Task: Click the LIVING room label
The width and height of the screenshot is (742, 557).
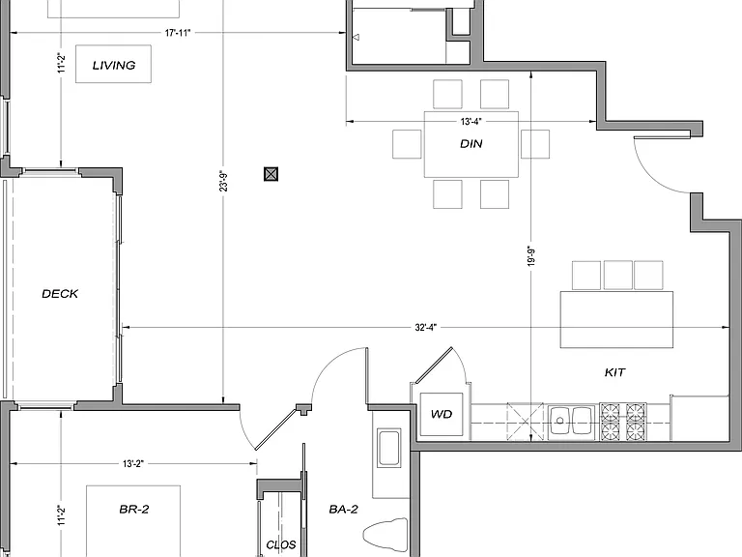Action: [x=114, y=66]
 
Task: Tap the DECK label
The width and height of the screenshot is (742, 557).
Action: [x=60, y=294]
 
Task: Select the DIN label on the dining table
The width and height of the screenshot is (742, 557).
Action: [x=471, y=143]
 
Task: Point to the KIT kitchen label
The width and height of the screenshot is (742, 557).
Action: [x=614, y=372]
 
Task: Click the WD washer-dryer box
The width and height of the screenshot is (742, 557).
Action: [x=442, y=414]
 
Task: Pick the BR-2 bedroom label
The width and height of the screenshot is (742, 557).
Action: [x=134, y=510]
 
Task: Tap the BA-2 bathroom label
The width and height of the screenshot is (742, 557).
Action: [x=344, y=510]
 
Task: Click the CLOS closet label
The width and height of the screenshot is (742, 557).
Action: [x=281, y=544]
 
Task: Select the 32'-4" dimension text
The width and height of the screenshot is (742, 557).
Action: [x=426, y=327]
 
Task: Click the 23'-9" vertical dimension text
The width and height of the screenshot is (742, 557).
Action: [x=223, y=181]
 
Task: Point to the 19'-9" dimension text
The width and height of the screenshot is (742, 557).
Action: [x=531, y=256]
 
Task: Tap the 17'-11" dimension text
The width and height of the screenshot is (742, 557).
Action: [x=178, y=33]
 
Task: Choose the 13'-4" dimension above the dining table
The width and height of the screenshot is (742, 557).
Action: [x=471, y=122]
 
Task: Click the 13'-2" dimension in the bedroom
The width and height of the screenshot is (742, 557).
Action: [x=132, y=464]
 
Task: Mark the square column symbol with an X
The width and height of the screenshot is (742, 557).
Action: [x=271, y=174]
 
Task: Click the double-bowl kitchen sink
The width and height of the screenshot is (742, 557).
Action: [x=572, y=422]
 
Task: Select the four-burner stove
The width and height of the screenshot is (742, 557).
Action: [x=623, y=422]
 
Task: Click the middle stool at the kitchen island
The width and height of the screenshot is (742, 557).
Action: [x=618, y=275]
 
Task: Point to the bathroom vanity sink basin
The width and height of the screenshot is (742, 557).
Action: [x=389, y=447]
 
